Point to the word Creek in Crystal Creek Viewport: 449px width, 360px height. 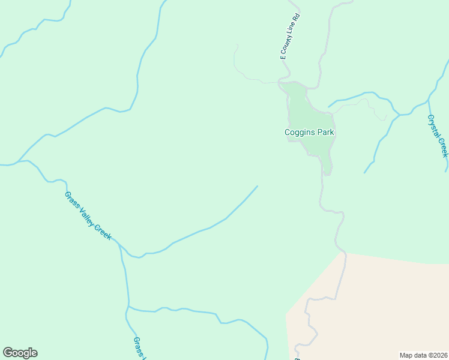[x=443, y=147]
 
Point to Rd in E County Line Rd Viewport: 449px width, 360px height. [x=297, y=16]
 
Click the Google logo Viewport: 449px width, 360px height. [x=20, y=353]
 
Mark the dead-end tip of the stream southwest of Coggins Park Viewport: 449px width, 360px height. [x=258, y=186]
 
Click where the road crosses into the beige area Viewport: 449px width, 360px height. [x=345, y=253]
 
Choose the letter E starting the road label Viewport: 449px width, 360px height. [x=282, y=58]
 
